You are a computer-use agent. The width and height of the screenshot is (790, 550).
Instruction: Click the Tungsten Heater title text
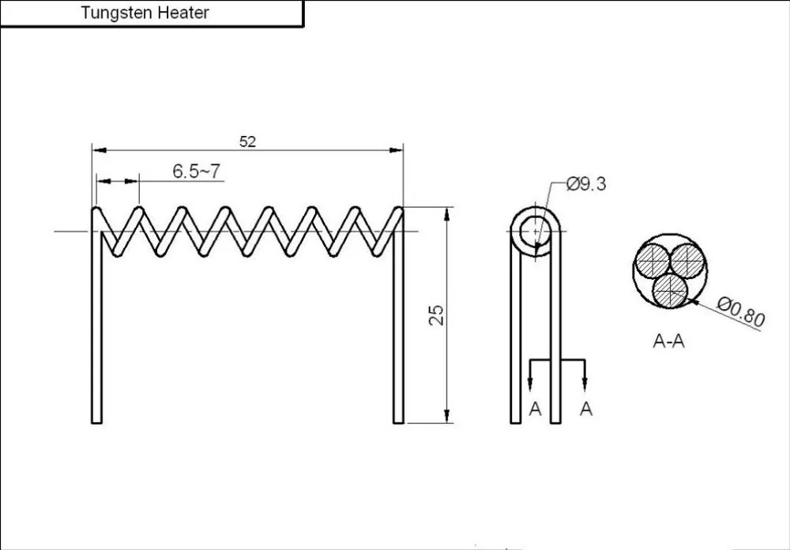coord(145,13)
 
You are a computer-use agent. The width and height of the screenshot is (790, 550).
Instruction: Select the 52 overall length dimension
coord(247,141)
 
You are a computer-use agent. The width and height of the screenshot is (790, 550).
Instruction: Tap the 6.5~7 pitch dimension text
coord(197,171)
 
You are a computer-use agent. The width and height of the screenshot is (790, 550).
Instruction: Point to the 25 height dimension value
coord(437,315)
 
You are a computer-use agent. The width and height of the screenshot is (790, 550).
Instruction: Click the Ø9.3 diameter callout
coord(586,184)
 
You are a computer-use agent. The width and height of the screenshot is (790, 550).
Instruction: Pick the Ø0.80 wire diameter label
coord(741,311)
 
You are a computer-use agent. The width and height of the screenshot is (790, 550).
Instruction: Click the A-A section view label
coord(668,341)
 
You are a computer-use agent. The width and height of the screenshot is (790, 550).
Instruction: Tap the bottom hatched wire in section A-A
coord(670,290)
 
